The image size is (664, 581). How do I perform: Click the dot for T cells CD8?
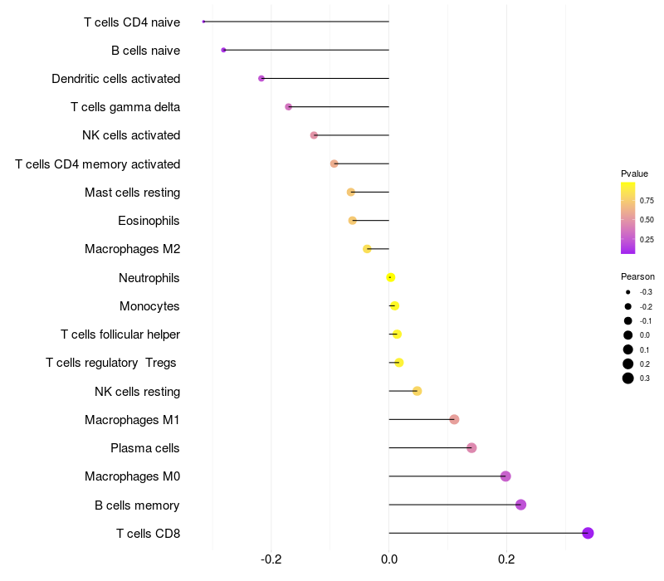pyautogui.click(x=588, y=533)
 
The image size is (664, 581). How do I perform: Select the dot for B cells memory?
pyautogui.click(x=520, y=505)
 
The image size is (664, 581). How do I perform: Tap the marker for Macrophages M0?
pyautogui.click(x=505, y=476)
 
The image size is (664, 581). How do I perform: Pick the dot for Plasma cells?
pyautogui.click(x=471, y=448)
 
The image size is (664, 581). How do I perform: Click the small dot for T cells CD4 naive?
pyautogui.click(x=203, y=22)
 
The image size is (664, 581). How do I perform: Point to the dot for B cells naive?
pyautogui.click(x=223, y=50)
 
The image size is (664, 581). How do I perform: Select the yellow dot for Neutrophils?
pyautogui.click(x=391, y=277)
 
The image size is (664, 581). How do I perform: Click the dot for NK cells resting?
pyautogui.click(x=417, y=391)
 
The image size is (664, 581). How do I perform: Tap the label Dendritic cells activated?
pyautogui.click(x=115, y=79)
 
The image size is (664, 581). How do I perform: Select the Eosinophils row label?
pyautogui.click(x=149, y=221)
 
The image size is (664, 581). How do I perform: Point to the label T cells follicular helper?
pyautogui.click(x=120, y=334)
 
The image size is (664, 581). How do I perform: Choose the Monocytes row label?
pyautogui.click(x=149, y=306)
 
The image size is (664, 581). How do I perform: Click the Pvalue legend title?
pyautogui.click(x=634, y=173)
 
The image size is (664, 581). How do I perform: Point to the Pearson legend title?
pyautogui.click(x=637, y=276)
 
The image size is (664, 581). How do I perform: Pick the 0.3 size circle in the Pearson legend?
pyautogui.click(x=628, y=378)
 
